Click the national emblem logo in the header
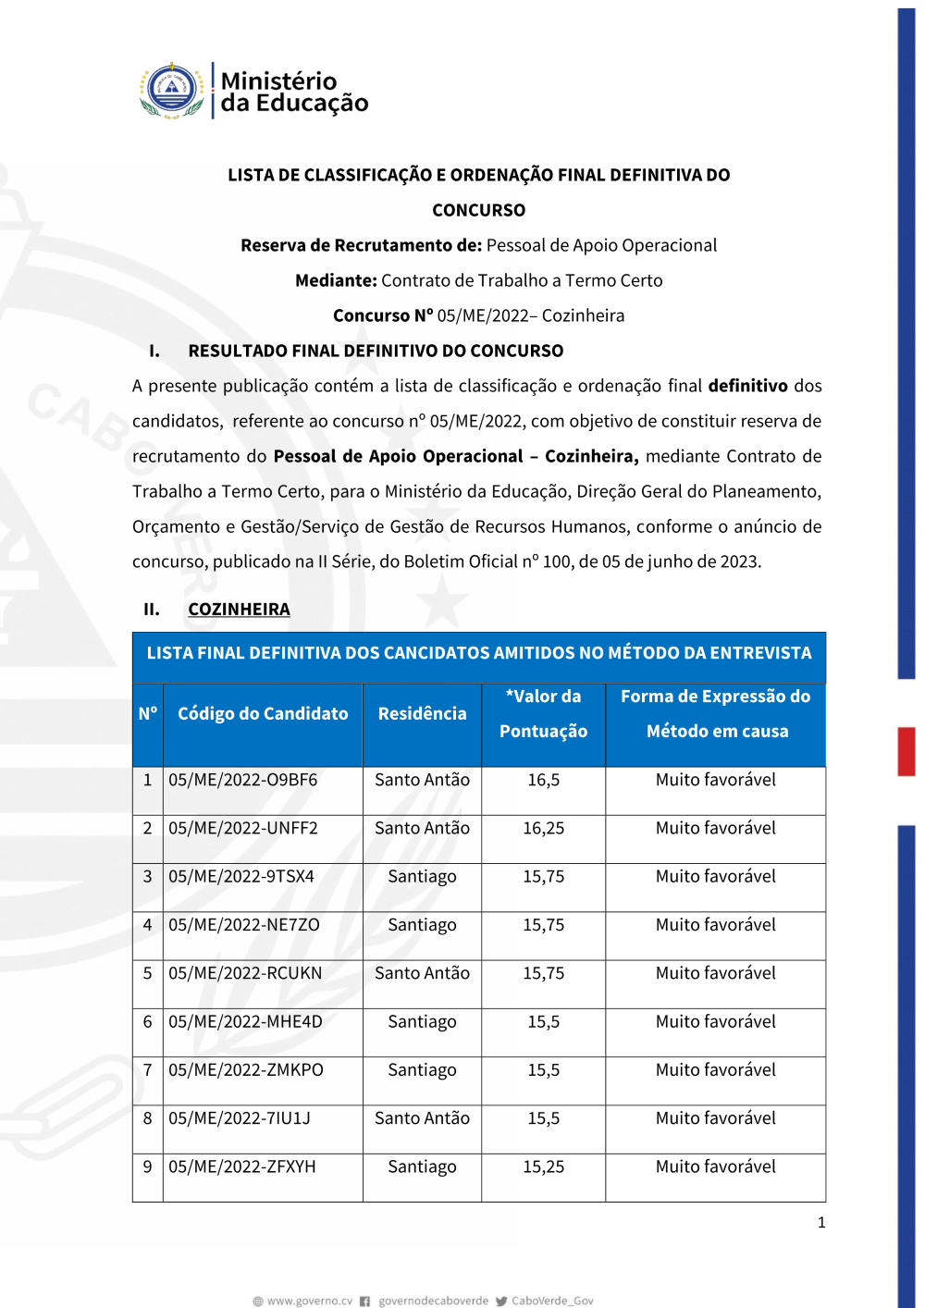tap(172, 91)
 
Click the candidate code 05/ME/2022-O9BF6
tap(242, 780)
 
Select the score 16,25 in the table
tap(543, 828)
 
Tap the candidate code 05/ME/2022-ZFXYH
tap(241, 1166)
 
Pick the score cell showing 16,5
tap(543, 780)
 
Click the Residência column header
tap(422, 713)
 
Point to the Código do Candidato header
tap(263, 713)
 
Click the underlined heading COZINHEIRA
tap(239, 609)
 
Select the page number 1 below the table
tap(820, 1222)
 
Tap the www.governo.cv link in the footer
tap(309, 1301)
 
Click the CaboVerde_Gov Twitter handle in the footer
tap(552, 1301)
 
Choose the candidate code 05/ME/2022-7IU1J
tap(239, 1118)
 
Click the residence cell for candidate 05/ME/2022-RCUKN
tap(422, 973)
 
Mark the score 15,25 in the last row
tap(543, 1166)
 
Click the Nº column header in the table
tap(148, 713)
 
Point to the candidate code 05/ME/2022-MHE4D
tap(245, 1021)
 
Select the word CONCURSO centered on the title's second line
tap(478, 210)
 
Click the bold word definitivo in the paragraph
tap(747, 386)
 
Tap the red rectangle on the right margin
tap(906, 751)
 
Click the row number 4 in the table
tap(147, 925)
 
